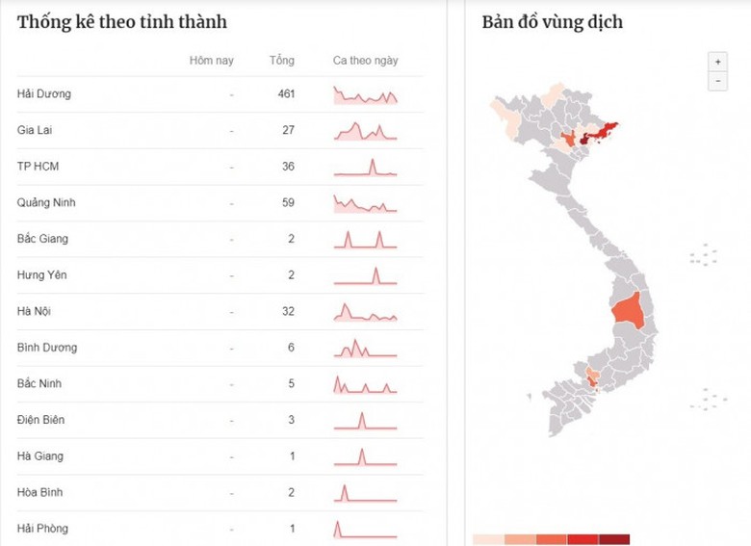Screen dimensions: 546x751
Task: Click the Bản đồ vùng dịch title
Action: (552, 22)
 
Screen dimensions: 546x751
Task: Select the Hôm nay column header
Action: (211, 61)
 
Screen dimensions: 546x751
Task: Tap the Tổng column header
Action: (281, 61)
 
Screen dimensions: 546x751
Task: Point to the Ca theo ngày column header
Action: (365, 61)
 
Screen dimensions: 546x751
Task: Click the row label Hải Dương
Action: (44, 94)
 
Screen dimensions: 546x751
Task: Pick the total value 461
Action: (285, 94)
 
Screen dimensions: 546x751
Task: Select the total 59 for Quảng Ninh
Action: (286, 203)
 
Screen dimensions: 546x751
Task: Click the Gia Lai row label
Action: (35, 130)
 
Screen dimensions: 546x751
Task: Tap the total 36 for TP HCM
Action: (286, 167)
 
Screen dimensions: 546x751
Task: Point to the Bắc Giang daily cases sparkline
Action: (365, 239)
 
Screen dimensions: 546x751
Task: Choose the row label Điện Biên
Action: (42, 420)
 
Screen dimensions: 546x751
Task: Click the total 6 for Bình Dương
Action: (290, 348)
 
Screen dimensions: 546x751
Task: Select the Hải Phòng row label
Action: (43, 529)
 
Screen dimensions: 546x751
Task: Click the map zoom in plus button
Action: (716, 61)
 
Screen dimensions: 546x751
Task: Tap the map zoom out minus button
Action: (716, 82)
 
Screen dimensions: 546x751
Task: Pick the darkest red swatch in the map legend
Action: (614, 538)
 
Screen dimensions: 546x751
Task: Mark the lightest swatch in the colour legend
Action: (488, 538)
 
